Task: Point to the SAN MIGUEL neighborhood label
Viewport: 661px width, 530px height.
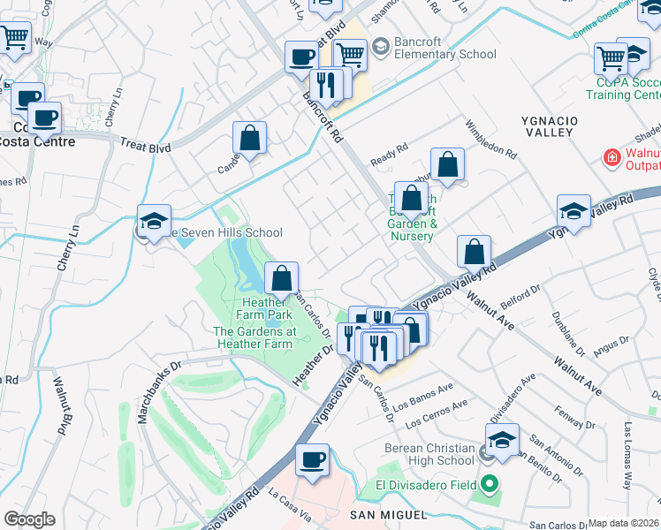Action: (389, 514)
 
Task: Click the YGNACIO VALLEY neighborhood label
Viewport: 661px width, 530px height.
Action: (623, 118)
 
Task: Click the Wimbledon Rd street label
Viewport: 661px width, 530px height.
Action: (490, 139)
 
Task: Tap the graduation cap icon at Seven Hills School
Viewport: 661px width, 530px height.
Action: (154, 221)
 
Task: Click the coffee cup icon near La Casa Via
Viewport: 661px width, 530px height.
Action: (312, 459)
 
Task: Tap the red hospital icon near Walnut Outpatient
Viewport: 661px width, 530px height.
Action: (610, 157)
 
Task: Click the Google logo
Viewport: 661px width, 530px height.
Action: (29, 519)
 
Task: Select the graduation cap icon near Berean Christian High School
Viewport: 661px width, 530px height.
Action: (501, 439)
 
